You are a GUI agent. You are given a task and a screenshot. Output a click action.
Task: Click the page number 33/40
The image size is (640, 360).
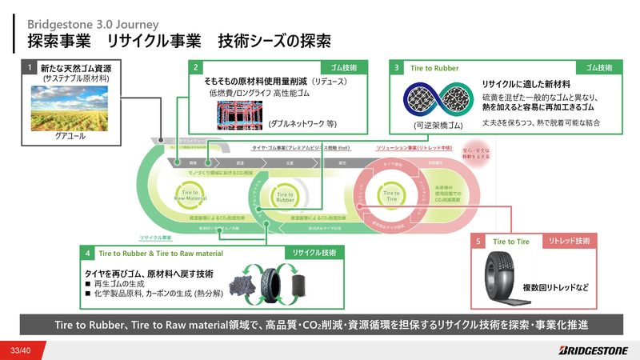click(x=21, y=350)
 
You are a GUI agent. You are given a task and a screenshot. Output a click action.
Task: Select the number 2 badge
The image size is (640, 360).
click(x=196, y=68)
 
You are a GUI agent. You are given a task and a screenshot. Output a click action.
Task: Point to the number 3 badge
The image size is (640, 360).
click(x=397, y=68)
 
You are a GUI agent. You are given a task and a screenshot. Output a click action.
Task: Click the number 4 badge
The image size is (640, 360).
click(x=88, y=253)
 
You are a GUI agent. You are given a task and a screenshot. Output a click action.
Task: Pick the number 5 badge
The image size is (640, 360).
click(x=478, y=241)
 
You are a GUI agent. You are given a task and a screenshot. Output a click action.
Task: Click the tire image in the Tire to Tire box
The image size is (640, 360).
click(x=498, y=277)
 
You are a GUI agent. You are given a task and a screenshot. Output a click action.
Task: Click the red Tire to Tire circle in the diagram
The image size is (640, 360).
click(x=391, y=194)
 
